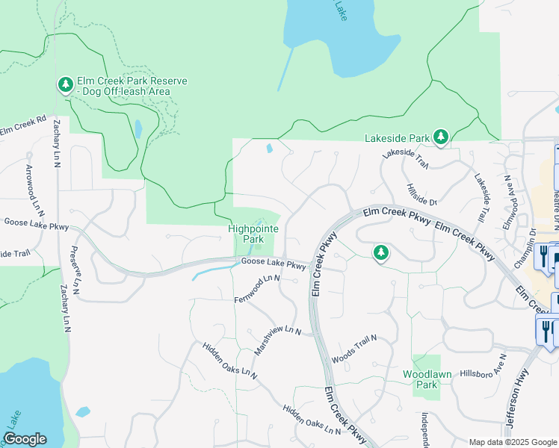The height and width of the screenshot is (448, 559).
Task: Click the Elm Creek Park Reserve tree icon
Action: click(x=66, y=86)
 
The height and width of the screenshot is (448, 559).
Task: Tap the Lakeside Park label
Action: click(x=397, y=138)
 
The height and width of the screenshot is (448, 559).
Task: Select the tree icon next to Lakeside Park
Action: click(x=441, y=137)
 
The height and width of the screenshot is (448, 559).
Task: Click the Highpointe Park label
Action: click(x=246, y=234)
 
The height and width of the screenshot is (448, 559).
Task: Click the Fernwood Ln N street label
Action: click(x=256, y=288)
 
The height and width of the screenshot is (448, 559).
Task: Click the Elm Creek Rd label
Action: click(x=23, y=126)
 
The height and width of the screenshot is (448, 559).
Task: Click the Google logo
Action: click(x=25, y=439)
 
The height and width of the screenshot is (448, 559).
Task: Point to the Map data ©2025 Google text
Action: click(x=512, y=442)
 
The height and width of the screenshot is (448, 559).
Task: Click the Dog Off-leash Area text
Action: click(x=126, y=92)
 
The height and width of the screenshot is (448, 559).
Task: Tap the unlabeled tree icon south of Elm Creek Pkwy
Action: click(x=381, y=253)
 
